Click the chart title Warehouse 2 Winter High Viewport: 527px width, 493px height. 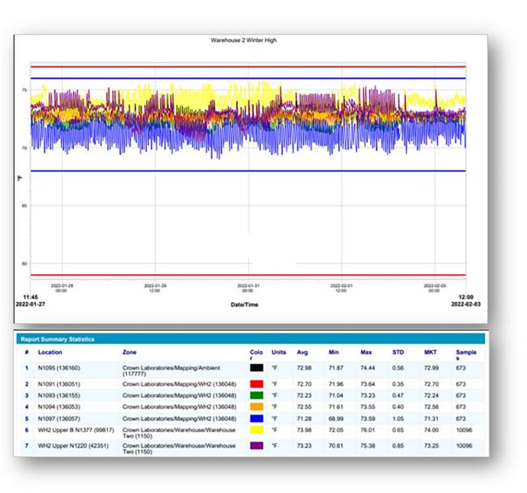coord(243,40)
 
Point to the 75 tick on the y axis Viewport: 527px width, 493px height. coord(24,90)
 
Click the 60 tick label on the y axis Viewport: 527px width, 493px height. coord(24,264)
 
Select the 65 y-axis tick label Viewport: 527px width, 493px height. coord(24,206)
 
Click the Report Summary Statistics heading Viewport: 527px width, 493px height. coord(57,339)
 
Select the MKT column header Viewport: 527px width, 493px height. coord(429,352)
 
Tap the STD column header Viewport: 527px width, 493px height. coord(398,352)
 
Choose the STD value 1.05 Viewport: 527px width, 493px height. coord(398,418)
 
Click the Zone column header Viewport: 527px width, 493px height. coord(130,352)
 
